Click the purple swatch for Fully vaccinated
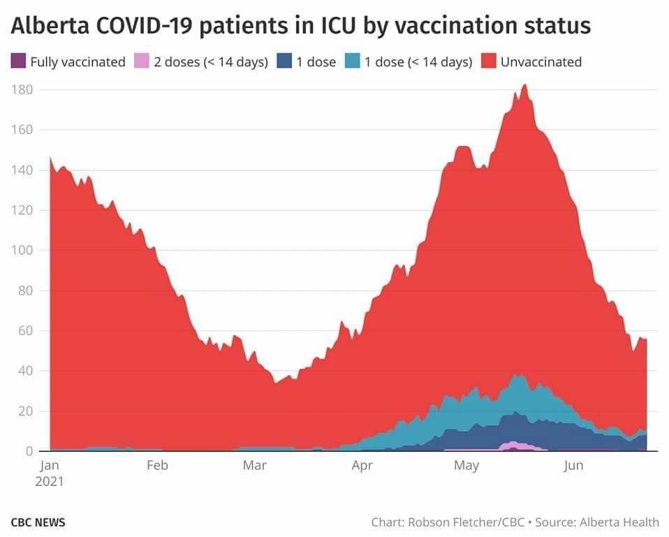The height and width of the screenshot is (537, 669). point(19,61)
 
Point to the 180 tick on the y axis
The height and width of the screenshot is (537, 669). point(24,90)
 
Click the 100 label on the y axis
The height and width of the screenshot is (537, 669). point(24,251)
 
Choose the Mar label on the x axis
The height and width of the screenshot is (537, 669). point(254,466)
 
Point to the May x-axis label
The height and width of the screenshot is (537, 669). point(466,466)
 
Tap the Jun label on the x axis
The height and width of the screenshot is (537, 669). point(573,466)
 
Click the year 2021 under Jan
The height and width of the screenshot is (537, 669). point(51,481)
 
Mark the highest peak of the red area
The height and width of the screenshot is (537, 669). point(524,86)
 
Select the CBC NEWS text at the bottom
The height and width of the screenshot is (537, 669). point(38,522)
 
